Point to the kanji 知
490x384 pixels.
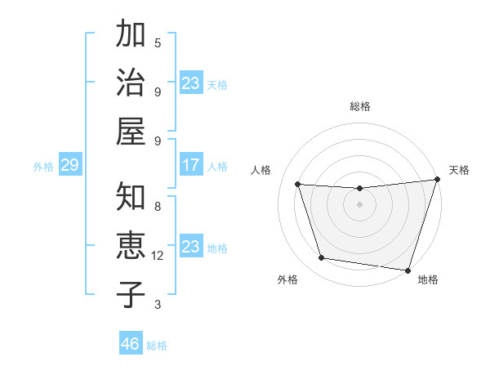pyautogui.click(x=131, y=197)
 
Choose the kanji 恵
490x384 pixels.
pyautogui.click(x=131, y=244)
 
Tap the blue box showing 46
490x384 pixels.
pyautogui.click(x=131, y=343)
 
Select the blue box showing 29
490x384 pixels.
pyautogui.click(x=69, y=166)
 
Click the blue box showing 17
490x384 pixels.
pyautogui.click(x=191, y=166)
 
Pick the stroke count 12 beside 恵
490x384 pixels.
pyautogui.click(x=158, y=256)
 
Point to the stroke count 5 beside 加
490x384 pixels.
pyautogui.click(x=158, y=42)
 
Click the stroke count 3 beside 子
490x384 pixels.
pyautogui.click(x=158, y=305)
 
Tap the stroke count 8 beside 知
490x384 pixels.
pyautogui.click(x=158, y=207)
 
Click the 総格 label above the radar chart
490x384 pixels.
pyautogui.click(x=359, y=106)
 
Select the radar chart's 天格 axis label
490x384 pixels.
pyautogui.click(x=459, y=170)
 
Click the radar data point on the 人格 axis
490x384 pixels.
pyautogui.click(x=298, y=185)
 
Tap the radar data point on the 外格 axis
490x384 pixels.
pyautogui.click(x=322, y=258)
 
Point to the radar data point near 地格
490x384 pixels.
pyautogui.click(x=408, y=270)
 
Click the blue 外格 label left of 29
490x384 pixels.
pyautogui.click(x=43, y=167)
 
